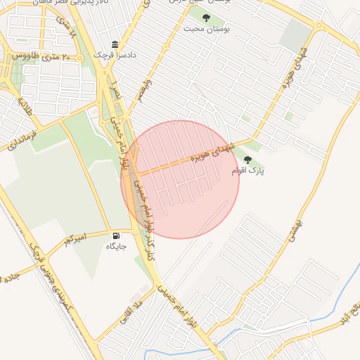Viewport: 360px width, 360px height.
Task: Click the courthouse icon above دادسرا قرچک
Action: click(115, 44)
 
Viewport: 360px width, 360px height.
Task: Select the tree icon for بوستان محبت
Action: click(206, 18)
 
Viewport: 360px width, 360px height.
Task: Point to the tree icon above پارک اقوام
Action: click(247, 160)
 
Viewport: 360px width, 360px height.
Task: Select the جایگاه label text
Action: click(116, 246)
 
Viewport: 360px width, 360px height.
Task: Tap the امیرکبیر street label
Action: click(74, 239)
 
